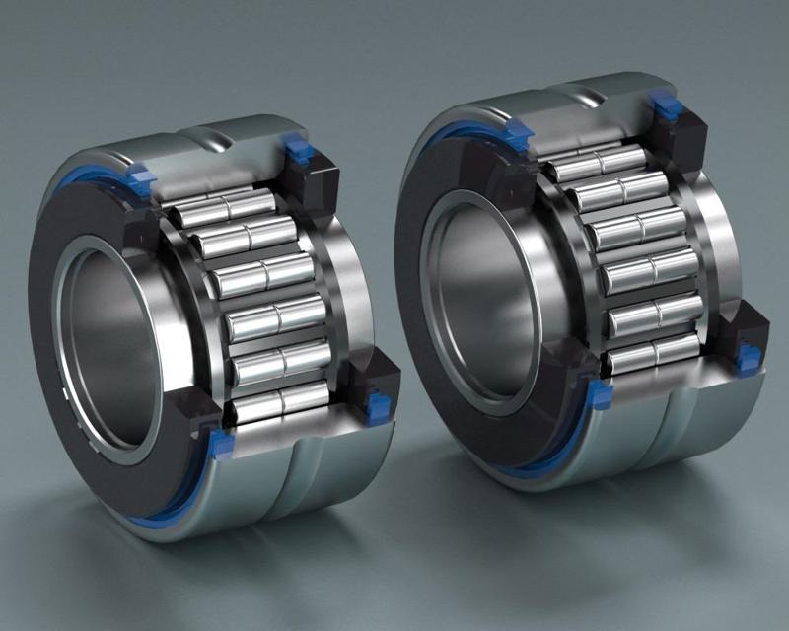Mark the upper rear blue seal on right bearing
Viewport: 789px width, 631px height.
coord(668,105)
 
